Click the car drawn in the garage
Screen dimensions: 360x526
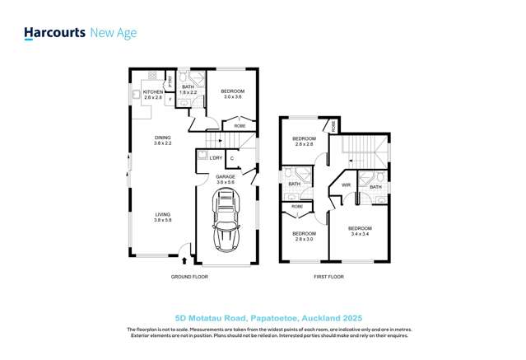(226, 220)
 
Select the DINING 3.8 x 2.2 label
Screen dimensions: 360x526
(162, 140)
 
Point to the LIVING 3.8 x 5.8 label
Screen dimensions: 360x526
(162, 217)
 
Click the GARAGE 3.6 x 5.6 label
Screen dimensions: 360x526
(226, 180)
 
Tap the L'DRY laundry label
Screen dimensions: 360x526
(216, 158)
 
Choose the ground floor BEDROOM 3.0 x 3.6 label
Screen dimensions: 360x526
(234, 93)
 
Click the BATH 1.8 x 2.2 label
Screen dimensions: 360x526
(189, 89)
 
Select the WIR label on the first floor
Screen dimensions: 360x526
(347, 185)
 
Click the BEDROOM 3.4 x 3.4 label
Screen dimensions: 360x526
(360, 231)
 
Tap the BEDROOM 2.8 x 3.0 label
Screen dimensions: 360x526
(304, 236)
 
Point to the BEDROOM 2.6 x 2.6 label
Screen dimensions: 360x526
(304, 141)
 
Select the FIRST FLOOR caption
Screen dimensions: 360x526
(328, 278)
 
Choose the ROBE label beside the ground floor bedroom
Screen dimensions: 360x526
(240, 126)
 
